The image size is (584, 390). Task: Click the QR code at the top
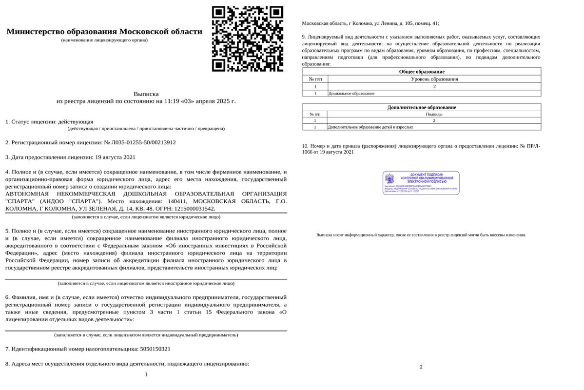248,39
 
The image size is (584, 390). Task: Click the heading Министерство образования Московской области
104,32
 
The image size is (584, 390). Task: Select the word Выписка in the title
146,94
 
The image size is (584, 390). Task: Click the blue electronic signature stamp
421,183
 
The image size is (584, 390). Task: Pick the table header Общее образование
421,72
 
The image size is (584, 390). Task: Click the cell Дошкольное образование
352,93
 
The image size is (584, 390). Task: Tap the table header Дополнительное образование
421,107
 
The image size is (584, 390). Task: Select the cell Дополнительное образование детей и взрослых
370,127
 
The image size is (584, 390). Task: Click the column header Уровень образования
434,79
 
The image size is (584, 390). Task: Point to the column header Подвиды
434,114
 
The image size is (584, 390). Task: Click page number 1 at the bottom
146,374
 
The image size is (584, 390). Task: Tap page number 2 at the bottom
421,367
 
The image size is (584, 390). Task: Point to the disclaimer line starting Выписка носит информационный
421,235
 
